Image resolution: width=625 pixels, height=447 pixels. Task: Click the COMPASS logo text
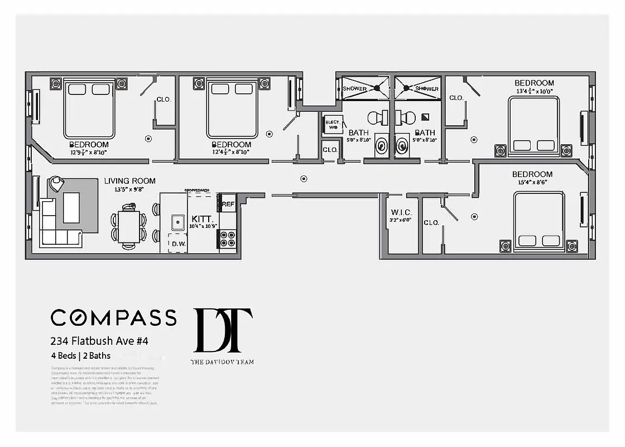coord(114,317)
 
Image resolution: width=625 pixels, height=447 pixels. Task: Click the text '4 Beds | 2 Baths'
coord(81,355)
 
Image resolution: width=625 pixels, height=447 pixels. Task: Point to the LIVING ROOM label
coord(129,181)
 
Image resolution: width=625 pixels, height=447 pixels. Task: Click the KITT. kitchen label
coord(201,218)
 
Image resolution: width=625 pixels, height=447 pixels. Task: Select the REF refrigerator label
coord(229,204)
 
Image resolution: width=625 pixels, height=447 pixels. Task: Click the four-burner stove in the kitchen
coord(228,239)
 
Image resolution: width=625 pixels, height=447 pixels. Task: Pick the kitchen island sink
coord(178,222)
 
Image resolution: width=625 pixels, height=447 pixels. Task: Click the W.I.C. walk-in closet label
coord(401,212)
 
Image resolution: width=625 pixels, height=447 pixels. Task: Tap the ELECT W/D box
coord(332,125)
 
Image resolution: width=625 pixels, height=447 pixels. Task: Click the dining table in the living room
coord(129,226)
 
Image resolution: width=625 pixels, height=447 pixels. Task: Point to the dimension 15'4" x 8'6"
coord(532,182)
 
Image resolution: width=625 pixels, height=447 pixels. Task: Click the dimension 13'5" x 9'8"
coord(129,189)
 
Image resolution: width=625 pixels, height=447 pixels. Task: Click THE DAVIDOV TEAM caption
coord(222,362)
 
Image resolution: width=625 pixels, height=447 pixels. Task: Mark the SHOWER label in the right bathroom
coord(427,89)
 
